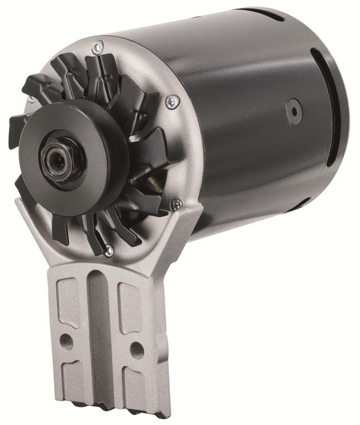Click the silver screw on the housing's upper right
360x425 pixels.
(172, 101)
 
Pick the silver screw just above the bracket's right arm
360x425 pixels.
(176, 205)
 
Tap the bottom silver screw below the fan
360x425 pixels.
(109, 251)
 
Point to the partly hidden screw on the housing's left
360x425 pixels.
(31, 99)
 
